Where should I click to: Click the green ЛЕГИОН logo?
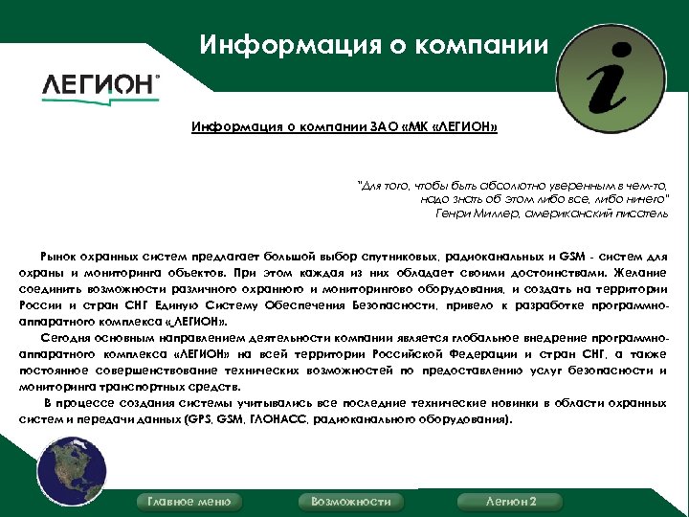tap(100, 84)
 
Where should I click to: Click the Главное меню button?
tap(189, 502)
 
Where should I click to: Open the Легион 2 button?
tap(511, 502)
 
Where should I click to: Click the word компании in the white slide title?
tap(484, 44)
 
